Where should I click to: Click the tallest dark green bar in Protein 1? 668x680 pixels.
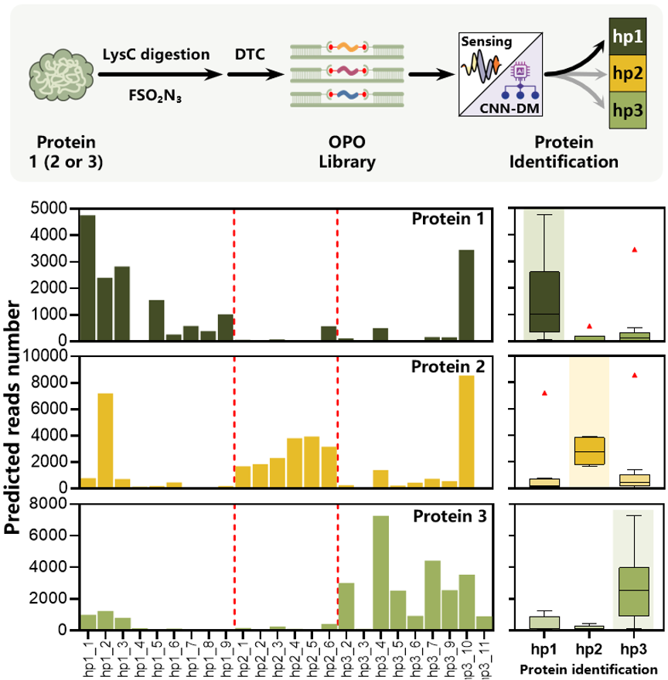[87, 278]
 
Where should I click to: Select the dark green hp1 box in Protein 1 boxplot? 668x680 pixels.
[544, 294]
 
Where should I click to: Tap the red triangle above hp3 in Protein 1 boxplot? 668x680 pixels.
[634, 250]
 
